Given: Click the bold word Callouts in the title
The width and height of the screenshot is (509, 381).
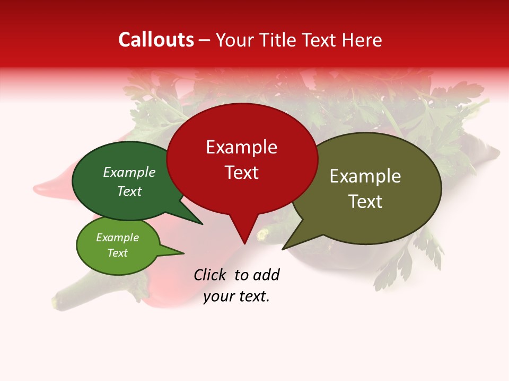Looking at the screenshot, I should (156, 40).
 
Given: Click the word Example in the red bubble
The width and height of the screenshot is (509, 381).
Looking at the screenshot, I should (241, 147).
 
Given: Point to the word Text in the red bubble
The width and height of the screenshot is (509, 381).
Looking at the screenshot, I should (241, 173).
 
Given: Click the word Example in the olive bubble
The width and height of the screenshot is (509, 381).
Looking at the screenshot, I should (365, 176).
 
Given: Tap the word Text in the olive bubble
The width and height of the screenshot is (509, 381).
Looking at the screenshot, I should (365, 202).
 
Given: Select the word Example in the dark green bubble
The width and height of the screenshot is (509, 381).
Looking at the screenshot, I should (129, 172).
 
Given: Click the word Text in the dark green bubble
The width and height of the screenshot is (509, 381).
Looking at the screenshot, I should (129, 191).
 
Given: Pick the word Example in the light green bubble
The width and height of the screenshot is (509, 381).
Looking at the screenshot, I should (117, 238).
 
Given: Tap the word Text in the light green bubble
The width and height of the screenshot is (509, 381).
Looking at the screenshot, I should (117, 253).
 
